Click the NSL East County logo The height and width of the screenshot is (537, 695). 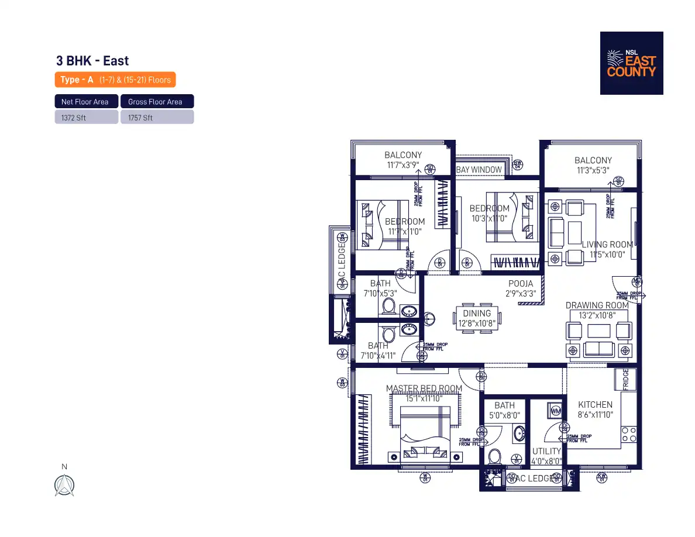click(x=631, y=63)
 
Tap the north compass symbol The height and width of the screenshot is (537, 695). click(x=64, y=485)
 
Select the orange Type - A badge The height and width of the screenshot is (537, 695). click(x=115, y=80)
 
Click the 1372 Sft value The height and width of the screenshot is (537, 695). click(x=86, y=118)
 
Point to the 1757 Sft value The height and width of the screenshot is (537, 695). click(x=157, y=118)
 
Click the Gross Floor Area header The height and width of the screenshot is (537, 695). click(x=157, y=102)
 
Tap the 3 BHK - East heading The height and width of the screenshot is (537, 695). click(x=92, y=61)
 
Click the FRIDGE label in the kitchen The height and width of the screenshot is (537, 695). click(x=625, y=379)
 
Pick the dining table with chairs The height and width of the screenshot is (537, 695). click(x=477, y=319)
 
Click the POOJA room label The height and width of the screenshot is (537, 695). click(x=520, y=284)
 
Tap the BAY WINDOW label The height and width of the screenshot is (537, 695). click(x=479, y=170)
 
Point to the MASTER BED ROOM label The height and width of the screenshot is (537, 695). click(x=424, y=388)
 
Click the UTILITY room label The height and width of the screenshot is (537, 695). click(x=546, y=451)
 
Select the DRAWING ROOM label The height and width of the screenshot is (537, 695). click(x=597, y=305)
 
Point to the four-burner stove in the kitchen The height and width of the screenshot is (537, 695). click(x=628, y=435)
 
